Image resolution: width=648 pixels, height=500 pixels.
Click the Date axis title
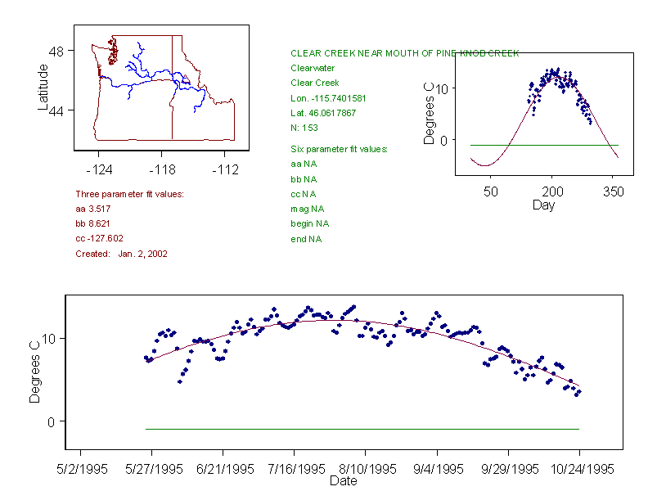[x=343, y=481]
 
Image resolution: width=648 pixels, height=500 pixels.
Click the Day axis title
[x=543, y=205]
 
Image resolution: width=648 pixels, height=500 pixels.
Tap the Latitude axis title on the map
[x=43, y=88]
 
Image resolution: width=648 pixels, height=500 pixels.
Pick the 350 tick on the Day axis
[x=614, y=191]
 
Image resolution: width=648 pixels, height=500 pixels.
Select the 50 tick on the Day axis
[x=490, y=191]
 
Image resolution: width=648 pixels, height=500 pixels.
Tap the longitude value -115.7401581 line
[x=328, y=98]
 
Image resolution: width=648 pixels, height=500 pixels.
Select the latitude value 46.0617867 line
[x=323, y=113]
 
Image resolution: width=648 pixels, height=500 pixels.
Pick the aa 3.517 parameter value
[x=92, y=209]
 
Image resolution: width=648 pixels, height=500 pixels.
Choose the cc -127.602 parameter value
[x=99, y=238]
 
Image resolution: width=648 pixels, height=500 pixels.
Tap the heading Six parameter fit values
[x=339, y=149]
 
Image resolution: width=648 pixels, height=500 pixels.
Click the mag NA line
[x=308, y=209]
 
